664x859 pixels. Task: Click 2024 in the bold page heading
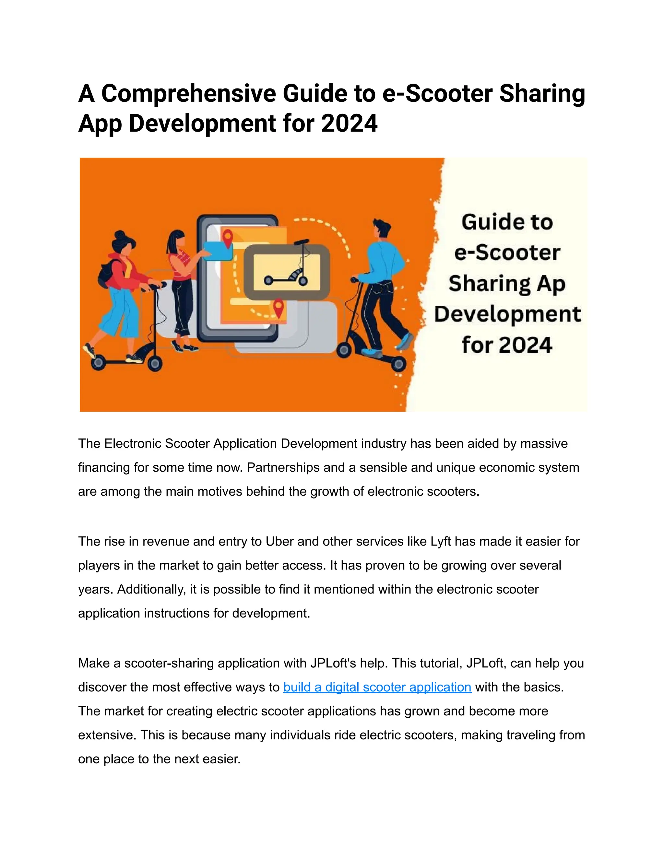(x=349, y=124)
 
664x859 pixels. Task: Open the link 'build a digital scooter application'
(x=377, y=687)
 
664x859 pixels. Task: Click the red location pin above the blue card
(x=227, y=238)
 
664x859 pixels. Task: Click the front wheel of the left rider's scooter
(x=155, y=363)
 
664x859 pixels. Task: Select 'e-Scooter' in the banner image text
(x=507, y=253)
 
